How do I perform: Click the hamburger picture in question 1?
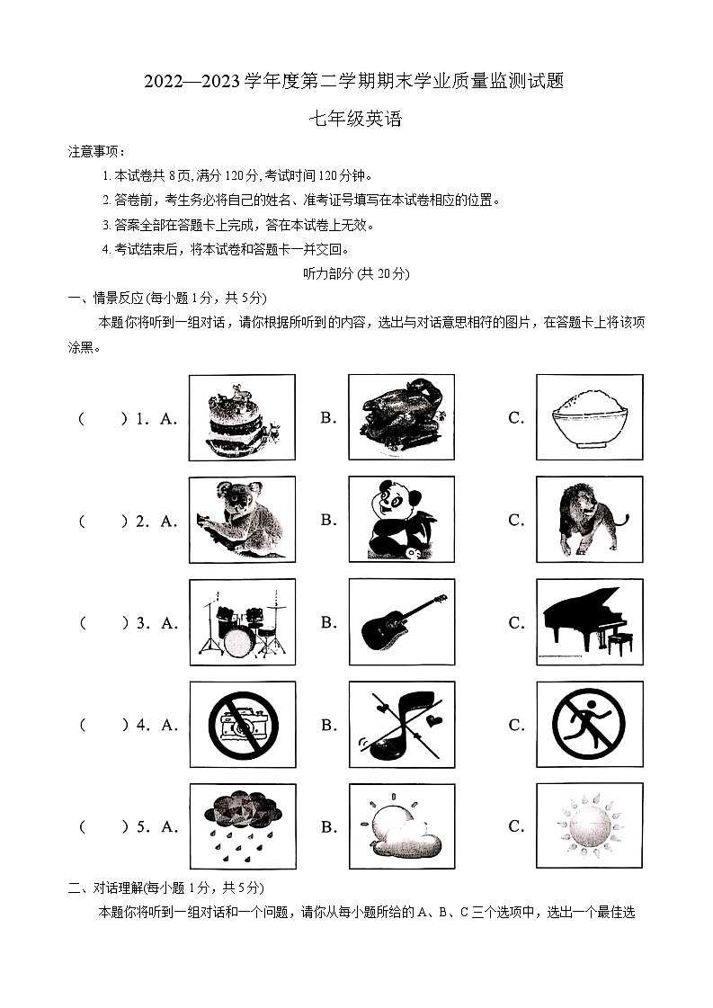[x=241, y=417]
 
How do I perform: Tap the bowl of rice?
[x=589, y=417]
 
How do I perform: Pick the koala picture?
[x=241, y=520]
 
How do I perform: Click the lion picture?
[x=589, y=520]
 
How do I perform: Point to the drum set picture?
[x=241, y=622]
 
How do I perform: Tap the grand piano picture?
[x=589, y=622]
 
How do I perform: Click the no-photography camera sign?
[x=241, y=725]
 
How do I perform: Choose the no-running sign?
[x=589, y=725]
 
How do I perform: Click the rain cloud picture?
[x=241, y=826]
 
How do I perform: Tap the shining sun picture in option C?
[x=589, y=826]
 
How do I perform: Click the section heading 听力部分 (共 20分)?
[x=356, y=273]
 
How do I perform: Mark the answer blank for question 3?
[x=102, y=622]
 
